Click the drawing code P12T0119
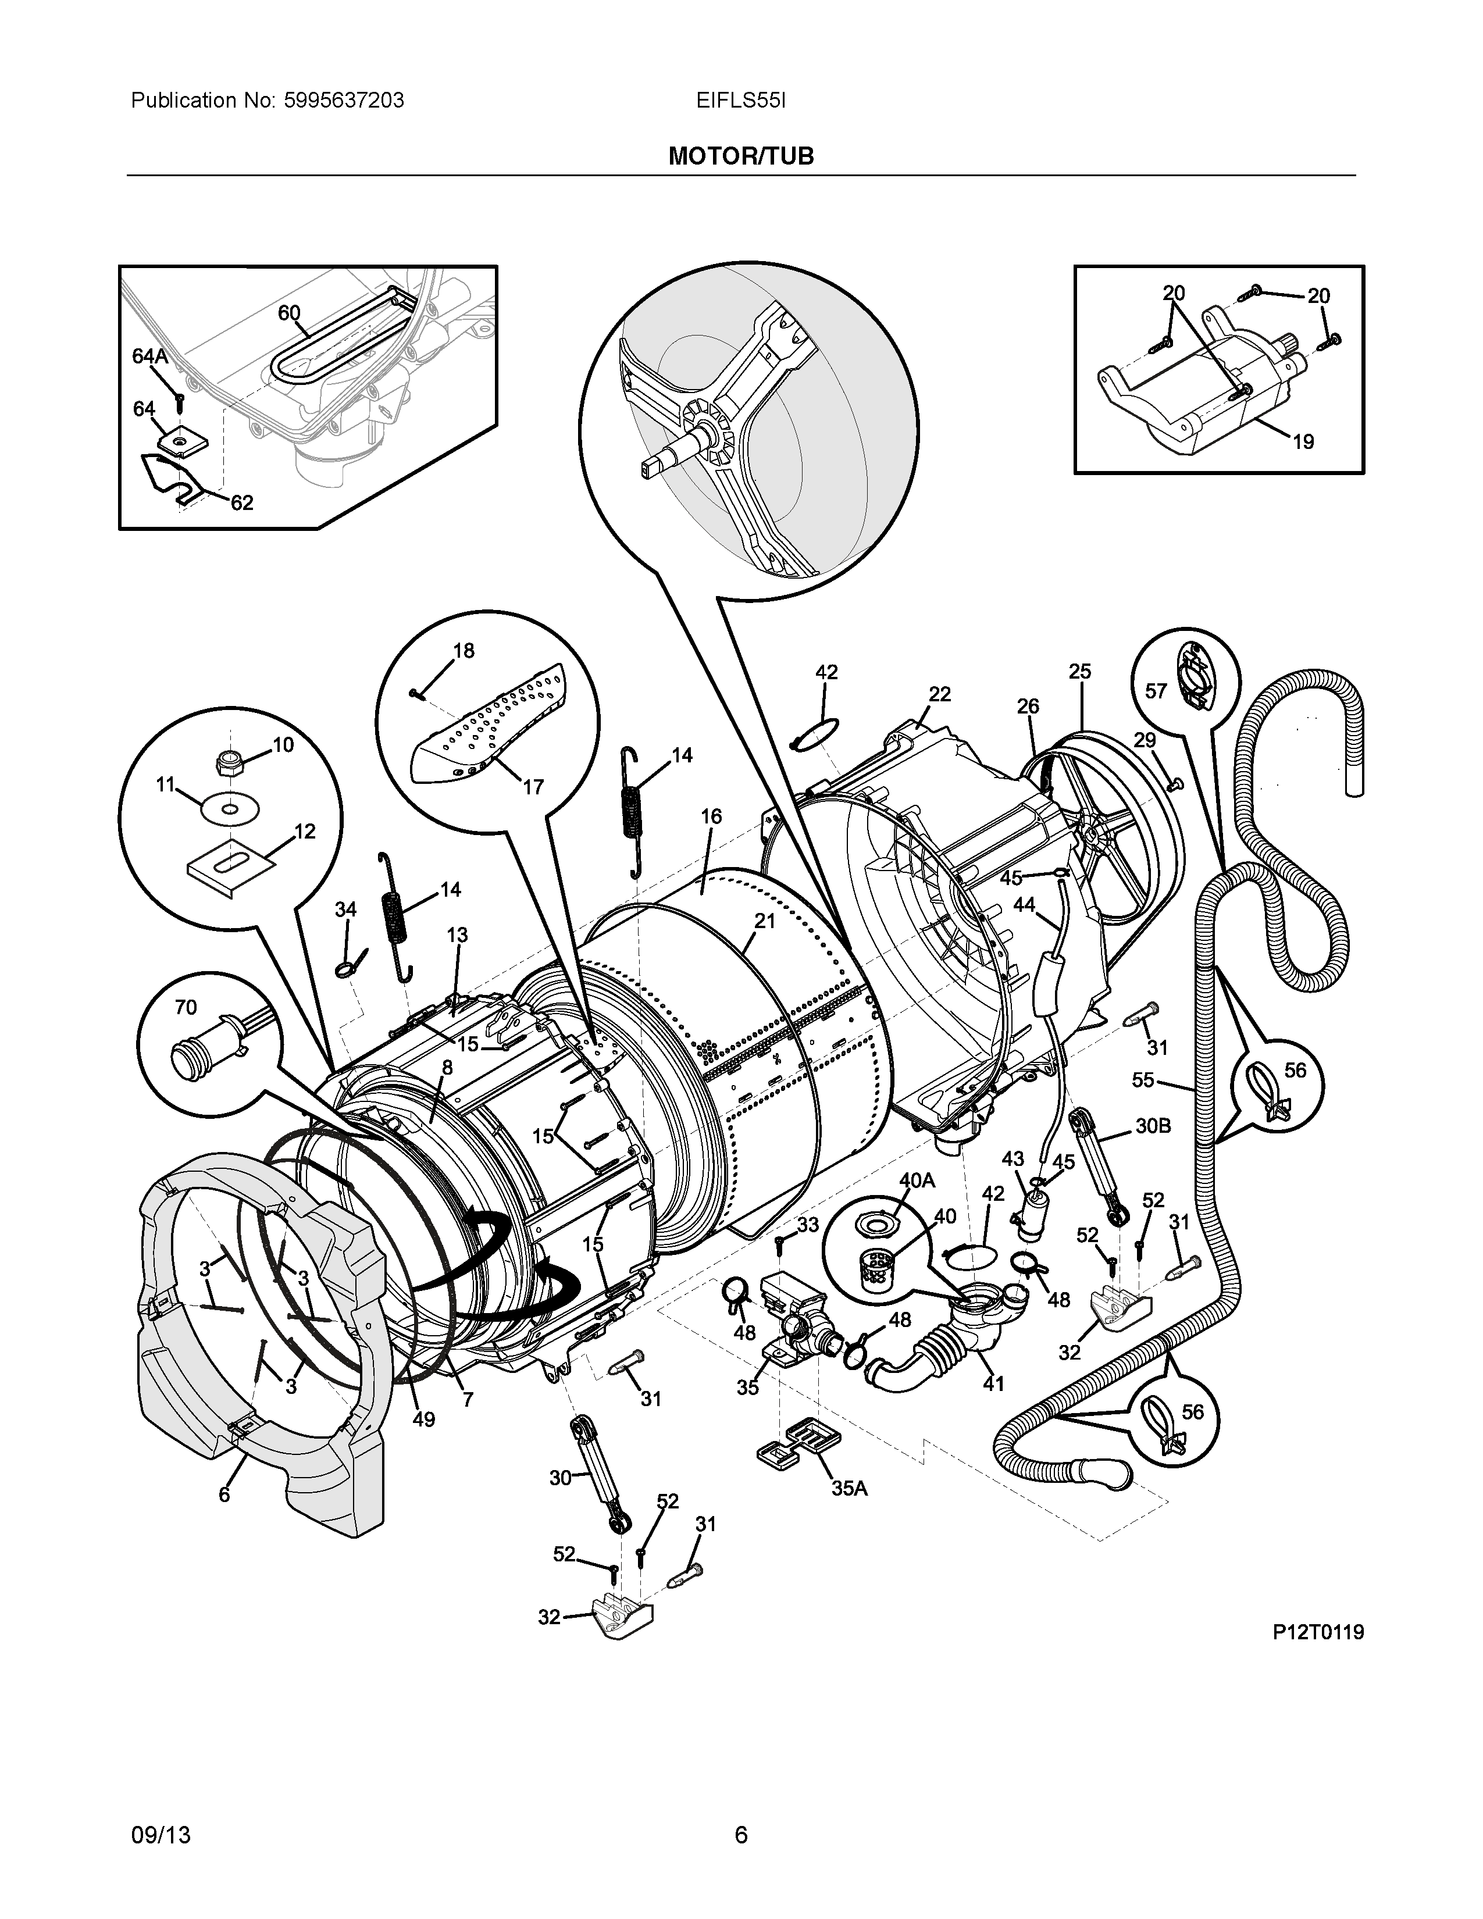(1318, 1632)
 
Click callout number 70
(186, 1007)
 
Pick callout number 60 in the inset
(289, 313)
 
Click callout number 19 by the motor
(1303, 442)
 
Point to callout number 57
(1156, 691)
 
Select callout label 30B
(1153, 1126)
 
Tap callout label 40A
(917, 1180)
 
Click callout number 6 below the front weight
(224, 1494)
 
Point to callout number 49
(423, 1419)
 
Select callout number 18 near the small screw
(463, 651)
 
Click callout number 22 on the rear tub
(939, 694)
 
